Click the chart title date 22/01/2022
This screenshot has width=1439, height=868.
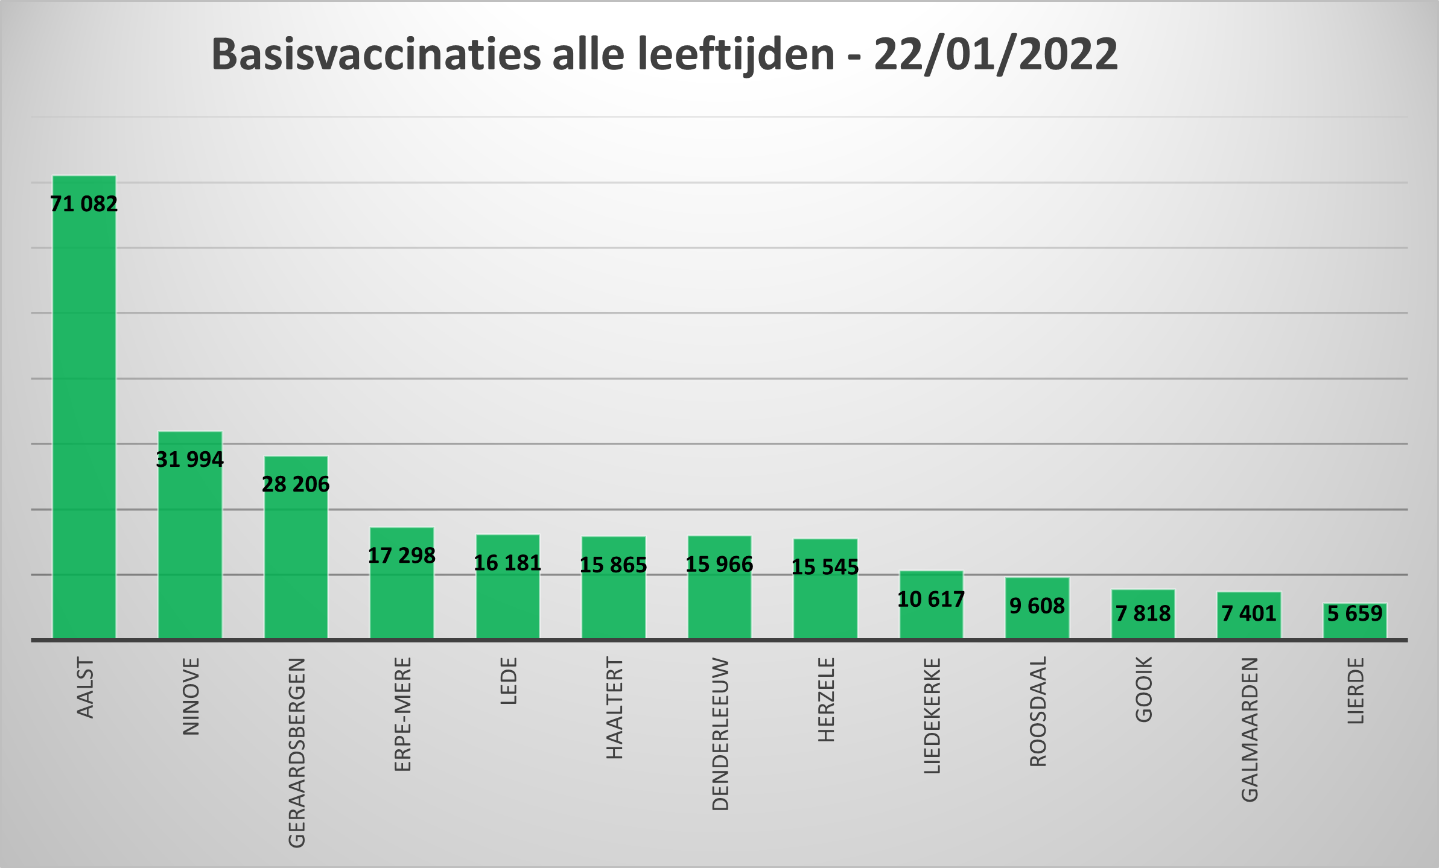click(x=996, y=54)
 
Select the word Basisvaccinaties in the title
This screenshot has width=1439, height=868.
click(x=376, y=54)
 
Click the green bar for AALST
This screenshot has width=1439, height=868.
click(x=84, y=422)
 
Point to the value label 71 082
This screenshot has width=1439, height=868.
click(x=84, y=204)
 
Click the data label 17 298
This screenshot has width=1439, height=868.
click(x=402, y=556)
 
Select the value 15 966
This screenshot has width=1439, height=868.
click(x=719, y=564)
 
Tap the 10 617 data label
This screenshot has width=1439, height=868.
click(x=931, y=599)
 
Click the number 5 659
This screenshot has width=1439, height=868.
click(x=1355, y=613)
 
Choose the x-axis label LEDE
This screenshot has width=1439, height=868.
click(x=509, y=681)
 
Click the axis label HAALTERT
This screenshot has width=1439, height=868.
click(x=614, y=708)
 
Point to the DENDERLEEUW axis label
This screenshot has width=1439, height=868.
click(x=720, y=734)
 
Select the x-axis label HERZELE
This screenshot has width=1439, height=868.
click(x=826, y=700)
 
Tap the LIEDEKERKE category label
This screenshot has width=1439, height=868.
click(x=932, y=716)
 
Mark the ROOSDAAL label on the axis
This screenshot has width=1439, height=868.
click(x=1038, y=712)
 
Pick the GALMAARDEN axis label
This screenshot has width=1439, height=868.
click(x=1250, y=730)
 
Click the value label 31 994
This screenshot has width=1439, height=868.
click(x=190, y=460)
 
